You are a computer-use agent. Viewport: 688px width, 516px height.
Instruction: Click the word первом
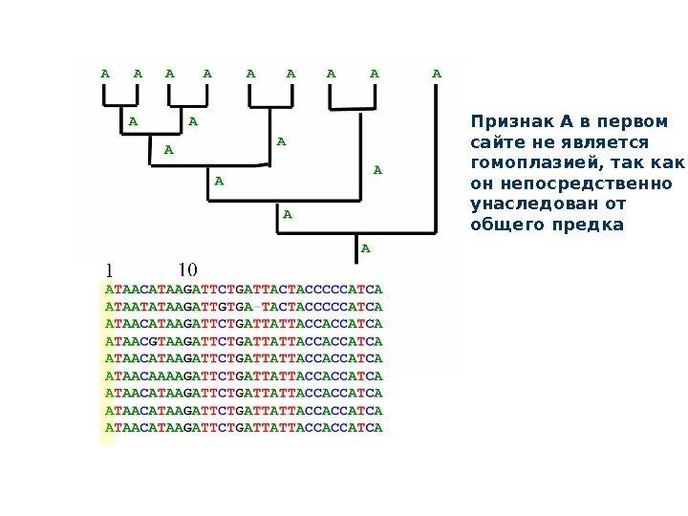(x=633, y=121)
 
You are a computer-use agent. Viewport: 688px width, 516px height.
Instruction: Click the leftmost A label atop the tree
(x=105, y=73)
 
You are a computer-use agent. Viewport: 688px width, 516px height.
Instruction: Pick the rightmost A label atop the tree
(x=437, y=73)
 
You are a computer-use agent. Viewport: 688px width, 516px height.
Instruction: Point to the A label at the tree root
(x=364, y=249)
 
